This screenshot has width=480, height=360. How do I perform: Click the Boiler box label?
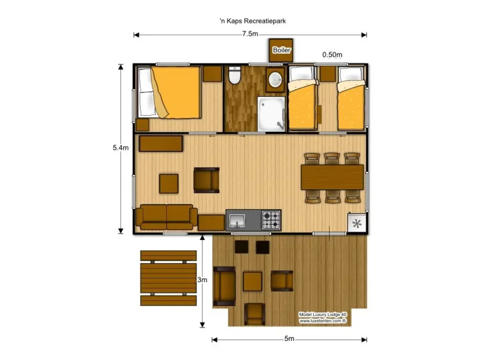281,50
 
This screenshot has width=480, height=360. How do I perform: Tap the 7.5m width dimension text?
250,35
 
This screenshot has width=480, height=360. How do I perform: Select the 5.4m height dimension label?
121,148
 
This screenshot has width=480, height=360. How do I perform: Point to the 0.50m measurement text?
332,54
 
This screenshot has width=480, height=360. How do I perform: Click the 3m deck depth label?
202,279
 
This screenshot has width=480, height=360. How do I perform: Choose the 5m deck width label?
289,339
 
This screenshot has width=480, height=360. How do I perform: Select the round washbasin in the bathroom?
276,79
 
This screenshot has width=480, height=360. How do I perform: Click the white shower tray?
271,113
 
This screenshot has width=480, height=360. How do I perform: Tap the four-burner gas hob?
270,219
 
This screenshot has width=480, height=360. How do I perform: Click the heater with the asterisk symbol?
357,223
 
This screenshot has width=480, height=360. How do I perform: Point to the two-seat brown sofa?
166,217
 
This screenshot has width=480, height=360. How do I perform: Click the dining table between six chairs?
332,177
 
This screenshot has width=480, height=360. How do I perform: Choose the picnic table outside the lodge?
168,278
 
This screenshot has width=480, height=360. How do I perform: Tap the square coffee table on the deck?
253,281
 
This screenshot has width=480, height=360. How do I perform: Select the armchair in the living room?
206,180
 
